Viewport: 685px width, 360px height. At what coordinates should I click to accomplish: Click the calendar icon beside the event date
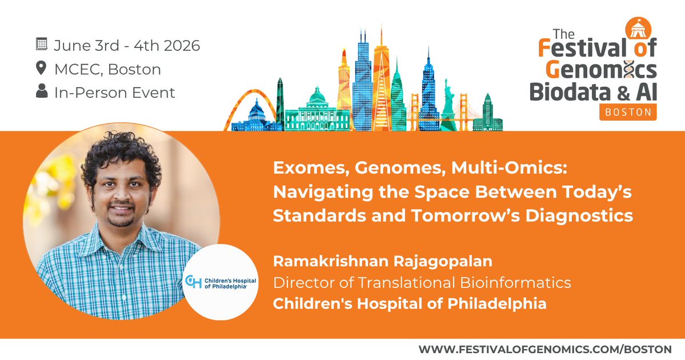[x=41, y=45]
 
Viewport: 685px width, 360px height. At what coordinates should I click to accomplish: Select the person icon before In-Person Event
[x=41, y=93]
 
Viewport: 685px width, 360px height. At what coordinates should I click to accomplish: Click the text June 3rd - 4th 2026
[x=127, y=45]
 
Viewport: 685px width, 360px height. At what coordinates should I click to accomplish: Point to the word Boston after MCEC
[x=134, y=70]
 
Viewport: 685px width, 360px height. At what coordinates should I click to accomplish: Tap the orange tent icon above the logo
[x=634, y=27]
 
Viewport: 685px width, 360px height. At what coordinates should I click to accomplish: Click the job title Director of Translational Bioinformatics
[x=422, y=282]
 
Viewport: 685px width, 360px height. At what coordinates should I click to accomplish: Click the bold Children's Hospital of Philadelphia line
[x=409, y=303]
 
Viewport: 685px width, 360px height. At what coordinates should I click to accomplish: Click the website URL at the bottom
[x=544, y=349]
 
